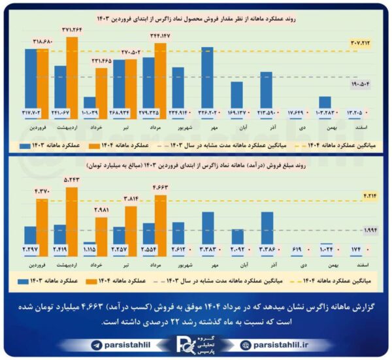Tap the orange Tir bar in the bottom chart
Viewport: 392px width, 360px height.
click(131, 226)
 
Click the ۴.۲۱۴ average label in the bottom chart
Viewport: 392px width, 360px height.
click(370, 194)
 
